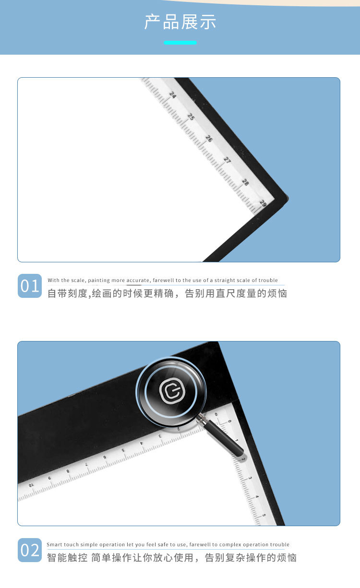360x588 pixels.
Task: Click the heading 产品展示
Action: click(x=180, y=22)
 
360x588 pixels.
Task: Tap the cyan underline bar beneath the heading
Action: click(x=180, y=43)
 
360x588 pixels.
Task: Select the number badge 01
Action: click(x=30, y=286)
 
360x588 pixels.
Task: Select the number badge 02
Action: click(x=30, y=550)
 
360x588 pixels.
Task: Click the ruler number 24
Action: click(x=173, y=95)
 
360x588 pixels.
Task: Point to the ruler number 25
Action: click(x=191, y=117)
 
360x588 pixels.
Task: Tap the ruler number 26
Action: click(x=209, y=138)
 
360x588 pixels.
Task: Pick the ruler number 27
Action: click(x=227, y=160)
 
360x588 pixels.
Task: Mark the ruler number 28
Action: click(x=245, y=182)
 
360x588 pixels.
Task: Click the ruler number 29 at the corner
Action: click(x=263, y=203)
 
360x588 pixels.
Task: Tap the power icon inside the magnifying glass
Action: click(x=171, y=392)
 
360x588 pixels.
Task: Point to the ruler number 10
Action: click(x=31, y=485)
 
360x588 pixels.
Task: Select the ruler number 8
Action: click(x=68, y=471)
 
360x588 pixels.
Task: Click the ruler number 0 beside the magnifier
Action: click(x=229, y=422)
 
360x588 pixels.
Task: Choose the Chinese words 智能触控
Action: click(x=67, y=557)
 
